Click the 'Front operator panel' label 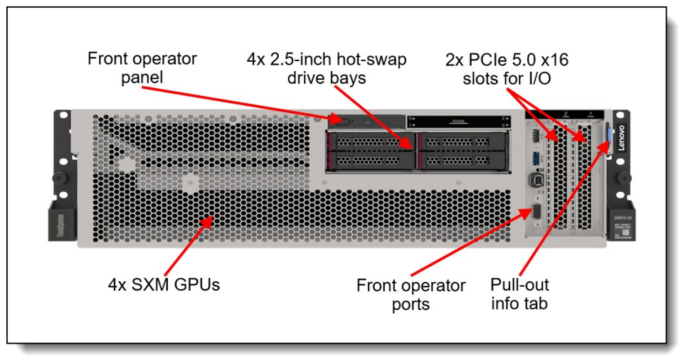pyautogui.click(x=142, y=67)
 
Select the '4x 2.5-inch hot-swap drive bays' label pyautogui.click(x=327, y=68)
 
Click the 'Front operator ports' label pyautogui.click(x=411, y=295)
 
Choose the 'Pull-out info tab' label pyautogui.click(x=519, y=295)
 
